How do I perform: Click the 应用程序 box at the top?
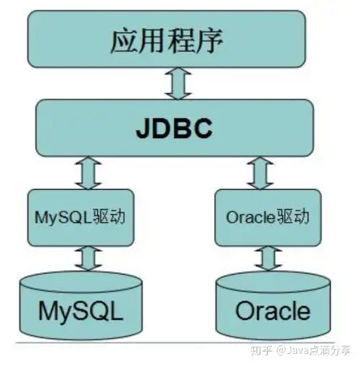pos(167,39)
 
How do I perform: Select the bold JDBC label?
pos(174,128)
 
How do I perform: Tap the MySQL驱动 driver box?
pos(81,217)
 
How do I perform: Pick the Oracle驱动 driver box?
pos(268,217)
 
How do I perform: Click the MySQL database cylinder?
pos(81,305)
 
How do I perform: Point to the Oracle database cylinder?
pos(273,305)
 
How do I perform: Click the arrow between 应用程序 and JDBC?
pos(178,83)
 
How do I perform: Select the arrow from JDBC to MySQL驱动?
pos(88,173)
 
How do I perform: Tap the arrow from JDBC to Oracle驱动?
pos(260,173)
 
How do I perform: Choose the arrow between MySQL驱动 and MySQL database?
pos(88,259)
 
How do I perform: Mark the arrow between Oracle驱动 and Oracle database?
pos(269,259)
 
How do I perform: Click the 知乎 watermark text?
pos(261,351)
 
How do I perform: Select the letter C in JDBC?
pos(202,128)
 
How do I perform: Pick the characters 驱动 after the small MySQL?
pos(109,217)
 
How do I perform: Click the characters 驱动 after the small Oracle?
pos(293,217)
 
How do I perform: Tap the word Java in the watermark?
pos(298,351)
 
